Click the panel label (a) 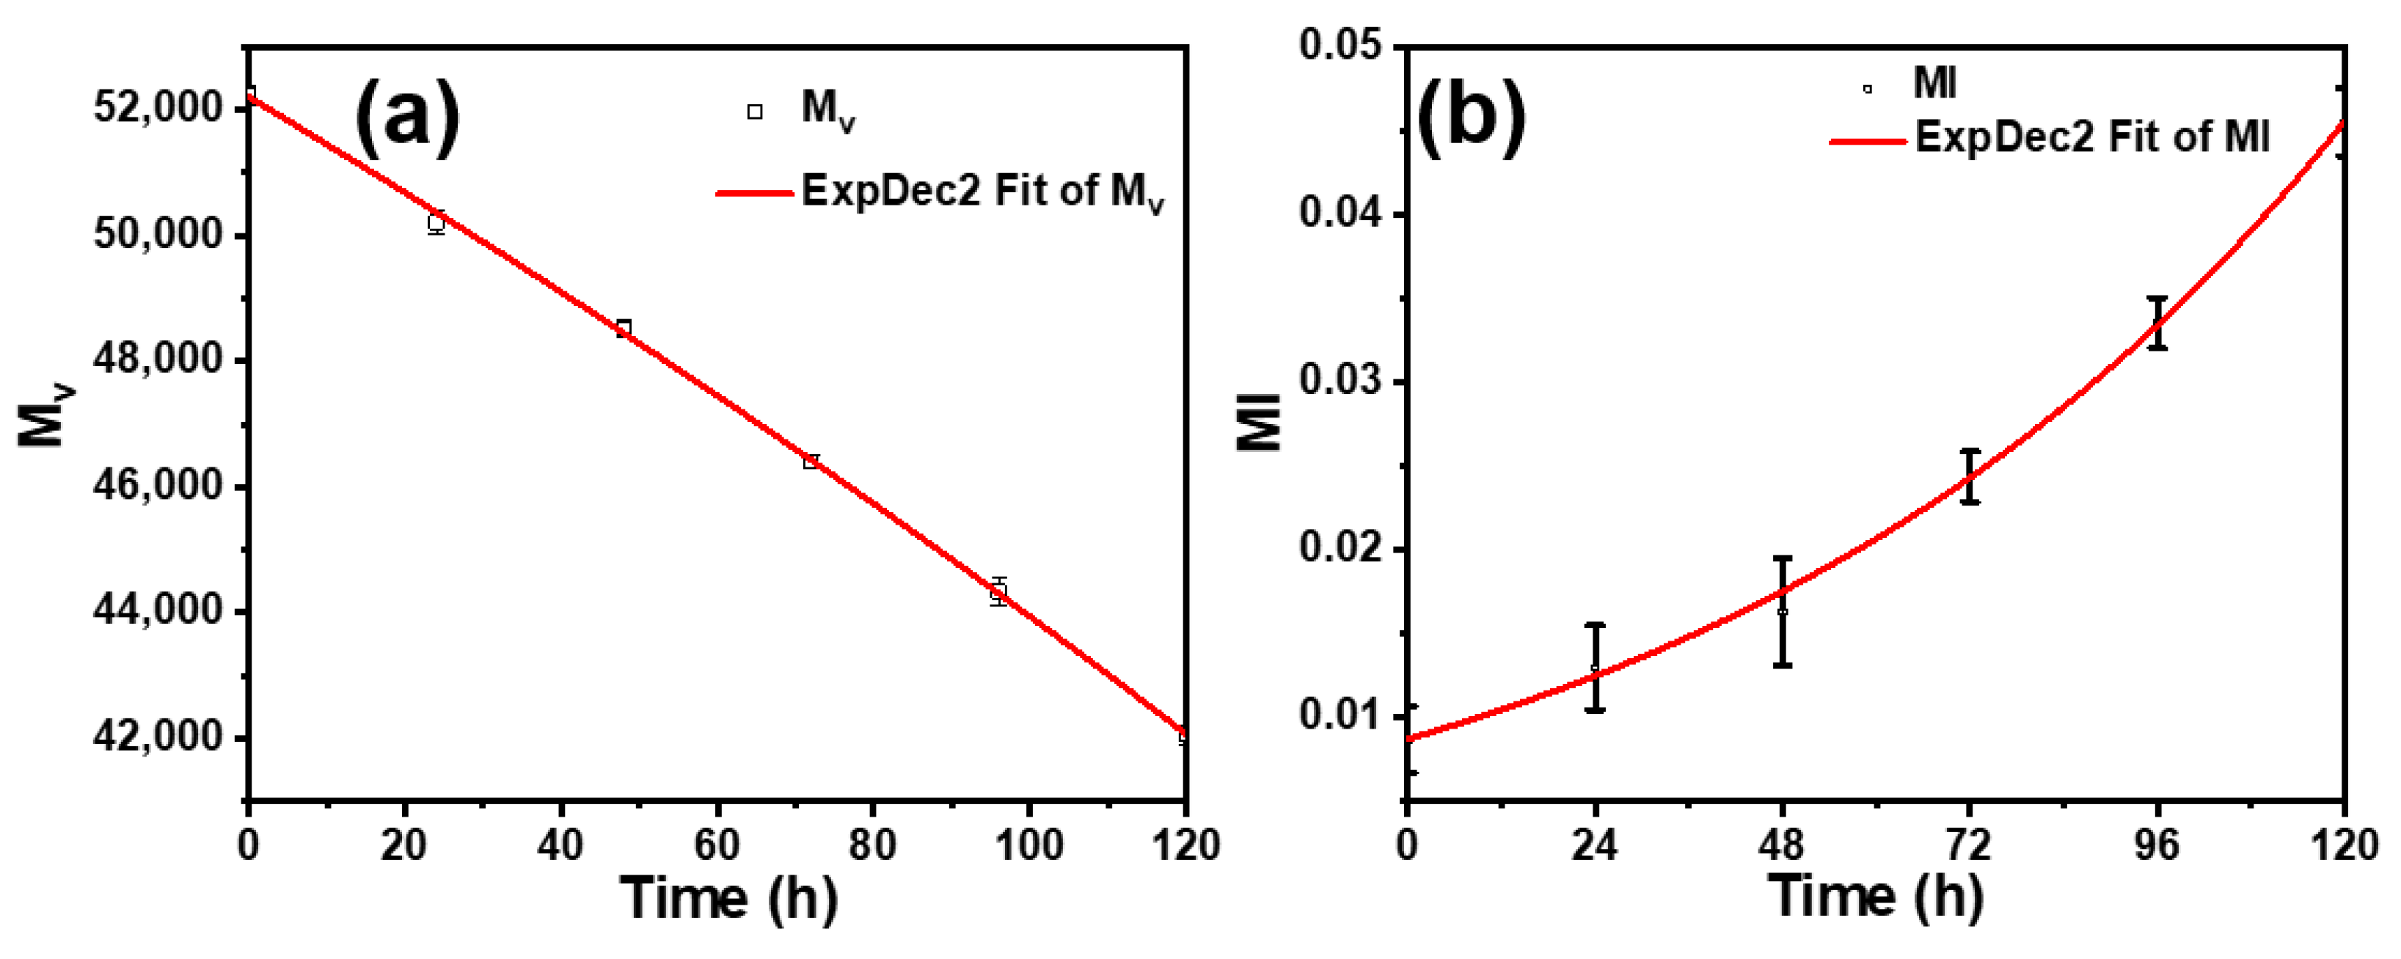tap(407, 118)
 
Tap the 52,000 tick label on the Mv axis tap(158, 108)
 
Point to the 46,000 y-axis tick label tap(158, 486)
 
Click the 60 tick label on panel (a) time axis tap(717, 845)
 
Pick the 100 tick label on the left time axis tap(1029, 845)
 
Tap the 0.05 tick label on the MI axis tap(1340, 47)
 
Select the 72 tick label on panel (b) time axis tap(1968, 845)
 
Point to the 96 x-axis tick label tap(2157, 845)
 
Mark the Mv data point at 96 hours tap(998, 591)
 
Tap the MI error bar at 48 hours tap(1782, 611)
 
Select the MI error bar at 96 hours tap(2157, 322)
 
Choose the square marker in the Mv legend tap(755, 112)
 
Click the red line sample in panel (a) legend tap(754, 193)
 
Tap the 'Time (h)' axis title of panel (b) tap(1875, 897)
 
